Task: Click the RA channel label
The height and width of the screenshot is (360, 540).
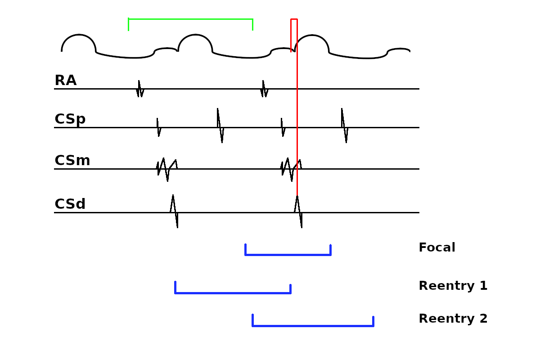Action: (x=65, y=81)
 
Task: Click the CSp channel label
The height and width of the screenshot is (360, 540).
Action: (x=70, y=119)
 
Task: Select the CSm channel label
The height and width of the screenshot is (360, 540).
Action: (x=72, y=161)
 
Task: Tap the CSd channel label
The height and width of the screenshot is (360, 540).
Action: (x=70, y=204)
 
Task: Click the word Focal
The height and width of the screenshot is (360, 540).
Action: (x=436, y=248)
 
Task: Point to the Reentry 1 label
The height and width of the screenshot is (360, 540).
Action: (x=453, y=286)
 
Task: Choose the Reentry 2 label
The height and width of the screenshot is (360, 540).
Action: (x=453, y=319)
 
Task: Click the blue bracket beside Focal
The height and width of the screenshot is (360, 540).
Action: (x=288, y=255)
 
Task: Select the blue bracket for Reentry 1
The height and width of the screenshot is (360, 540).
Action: (x=233, y=293)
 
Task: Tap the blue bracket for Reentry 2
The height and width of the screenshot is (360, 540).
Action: (x=313, y=326)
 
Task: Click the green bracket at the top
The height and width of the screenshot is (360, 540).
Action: (x=190, y=19)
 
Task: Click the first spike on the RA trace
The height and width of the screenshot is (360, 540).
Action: (x=139, y=89)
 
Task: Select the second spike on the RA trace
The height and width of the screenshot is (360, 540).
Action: (x=264, y=89)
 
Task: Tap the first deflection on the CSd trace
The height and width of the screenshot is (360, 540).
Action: (x=174, y=211)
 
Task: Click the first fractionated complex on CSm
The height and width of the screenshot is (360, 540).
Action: (x=166, y=169)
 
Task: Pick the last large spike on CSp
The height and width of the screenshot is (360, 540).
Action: (x=344, y=126)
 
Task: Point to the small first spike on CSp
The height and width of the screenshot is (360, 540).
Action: (x=158, y=127)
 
